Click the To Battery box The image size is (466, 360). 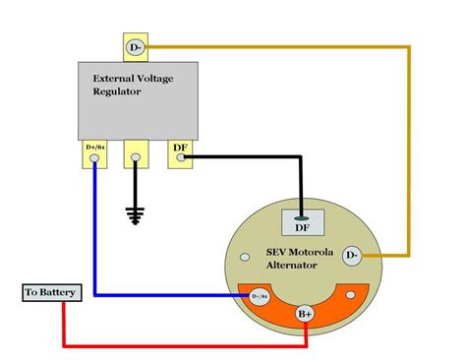(46, 294)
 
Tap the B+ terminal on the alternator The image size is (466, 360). (307, 315)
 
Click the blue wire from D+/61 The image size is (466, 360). (95, 236)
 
